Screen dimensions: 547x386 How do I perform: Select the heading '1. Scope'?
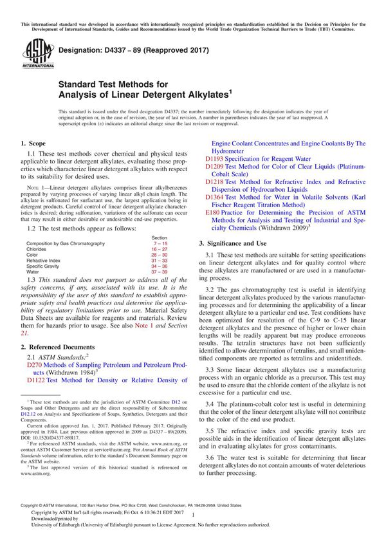[x=33, y=143]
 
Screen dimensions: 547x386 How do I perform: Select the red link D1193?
[x=216, y=158]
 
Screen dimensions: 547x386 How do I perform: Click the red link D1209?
[x=216, y=167]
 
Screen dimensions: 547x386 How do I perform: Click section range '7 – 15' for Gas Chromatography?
[x=158, y=243]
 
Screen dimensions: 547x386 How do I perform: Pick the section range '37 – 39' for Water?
[x=158, y=271]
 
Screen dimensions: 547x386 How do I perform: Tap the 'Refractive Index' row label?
[x=45, y=260]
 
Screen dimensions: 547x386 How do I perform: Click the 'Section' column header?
[x=158, y=237]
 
